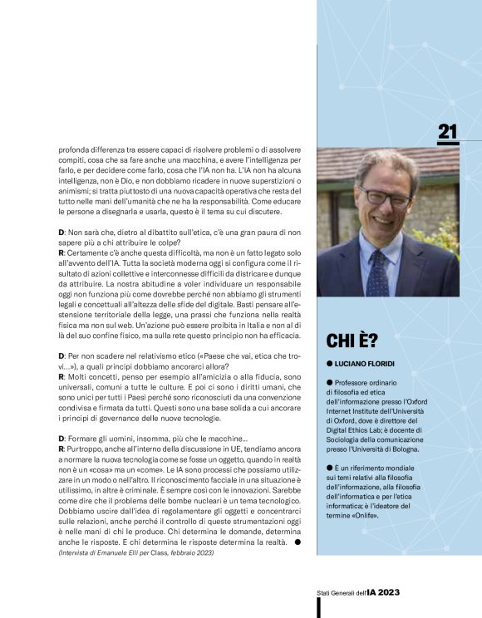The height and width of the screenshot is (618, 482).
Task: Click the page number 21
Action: click(448, 131)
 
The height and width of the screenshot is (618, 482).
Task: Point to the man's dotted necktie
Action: click(378, 269)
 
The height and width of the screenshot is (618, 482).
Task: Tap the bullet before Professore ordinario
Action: click(329, 381)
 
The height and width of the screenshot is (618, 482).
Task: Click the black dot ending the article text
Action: click(298, 542)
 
